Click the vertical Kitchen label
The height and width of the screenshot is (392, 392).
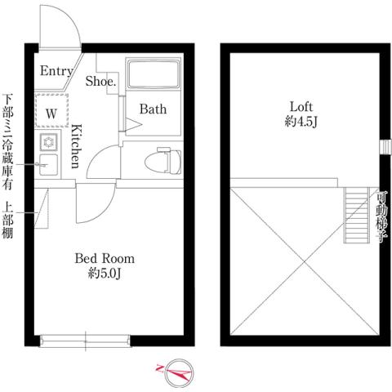point(74,145)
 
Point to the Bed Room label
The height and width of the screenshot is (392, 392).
point(105,258)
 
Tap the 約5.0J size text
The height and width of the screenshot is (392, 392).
point(105,274)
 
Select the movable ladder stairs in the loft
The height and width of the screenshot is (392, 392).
point(356,215)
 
